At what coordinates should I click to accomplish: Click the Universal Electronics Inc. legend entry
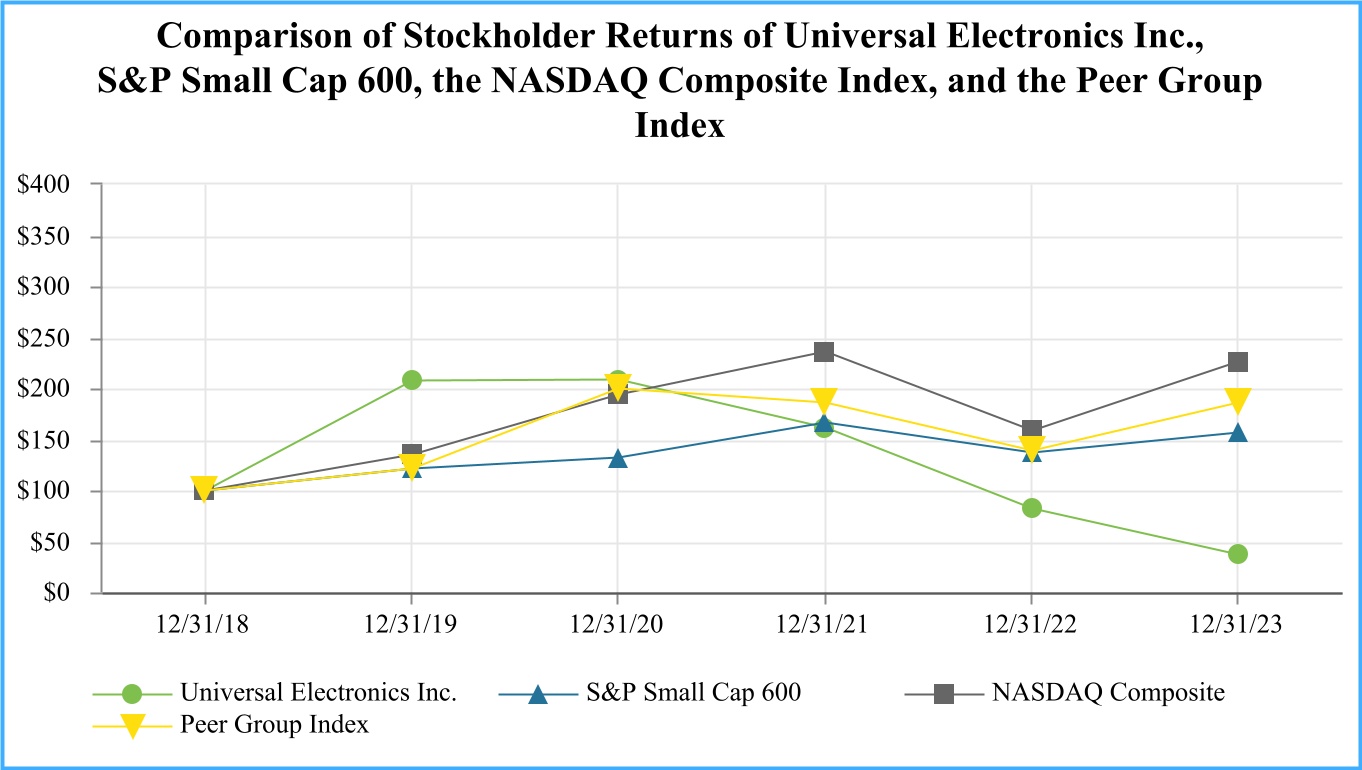coord(318,693)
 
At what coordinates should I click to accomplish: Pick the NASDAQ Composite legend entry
coord(1107,693)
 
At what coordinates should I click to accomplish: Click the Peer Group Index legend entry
coord(274,725)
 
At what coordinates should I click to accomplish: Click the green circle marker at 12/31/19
coord(411,380)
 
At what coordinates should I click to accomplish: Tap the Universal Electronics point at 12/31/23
coord(1238,554)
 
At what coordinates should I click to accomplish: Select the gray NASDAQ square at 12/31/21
coord(824,352)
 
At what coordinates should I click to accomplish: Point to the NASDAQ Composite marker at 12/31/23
coord(1238,362)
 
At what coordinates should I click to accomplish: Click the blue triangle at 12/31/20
coord(618,458)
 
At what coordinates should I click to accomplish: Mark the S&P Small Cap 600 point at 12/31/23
coord(1238,433)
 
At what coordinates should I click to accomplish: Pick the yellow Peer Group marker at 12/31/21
coord(824,400)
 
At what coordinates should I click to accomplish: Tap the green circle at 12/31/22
coord(1031,508)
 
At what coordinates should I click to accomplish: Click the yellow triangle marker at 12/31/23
coord(1238,401)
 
